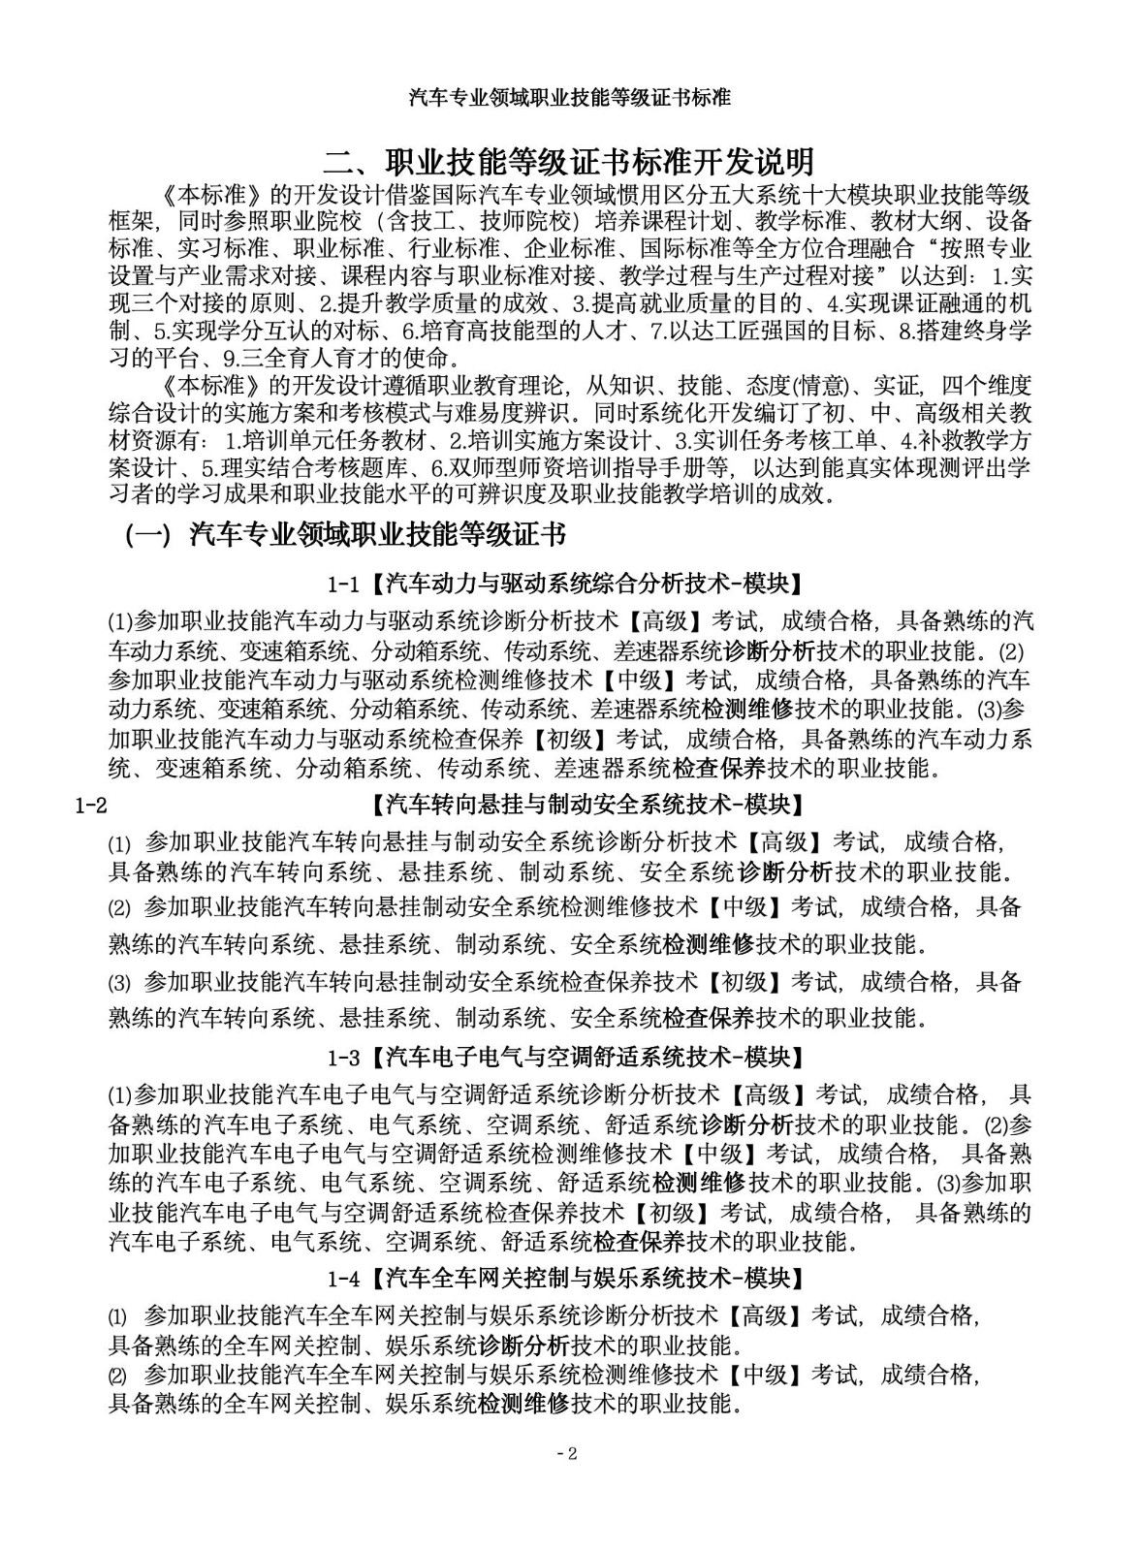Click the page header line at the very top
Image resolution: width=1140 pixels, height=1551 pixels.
(570, 97)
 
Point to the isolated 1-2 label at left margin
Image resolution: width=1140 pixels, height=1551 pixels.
(90, 805)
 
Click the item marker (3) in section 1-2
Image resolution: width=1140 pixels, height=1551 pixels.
(118, 983)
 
